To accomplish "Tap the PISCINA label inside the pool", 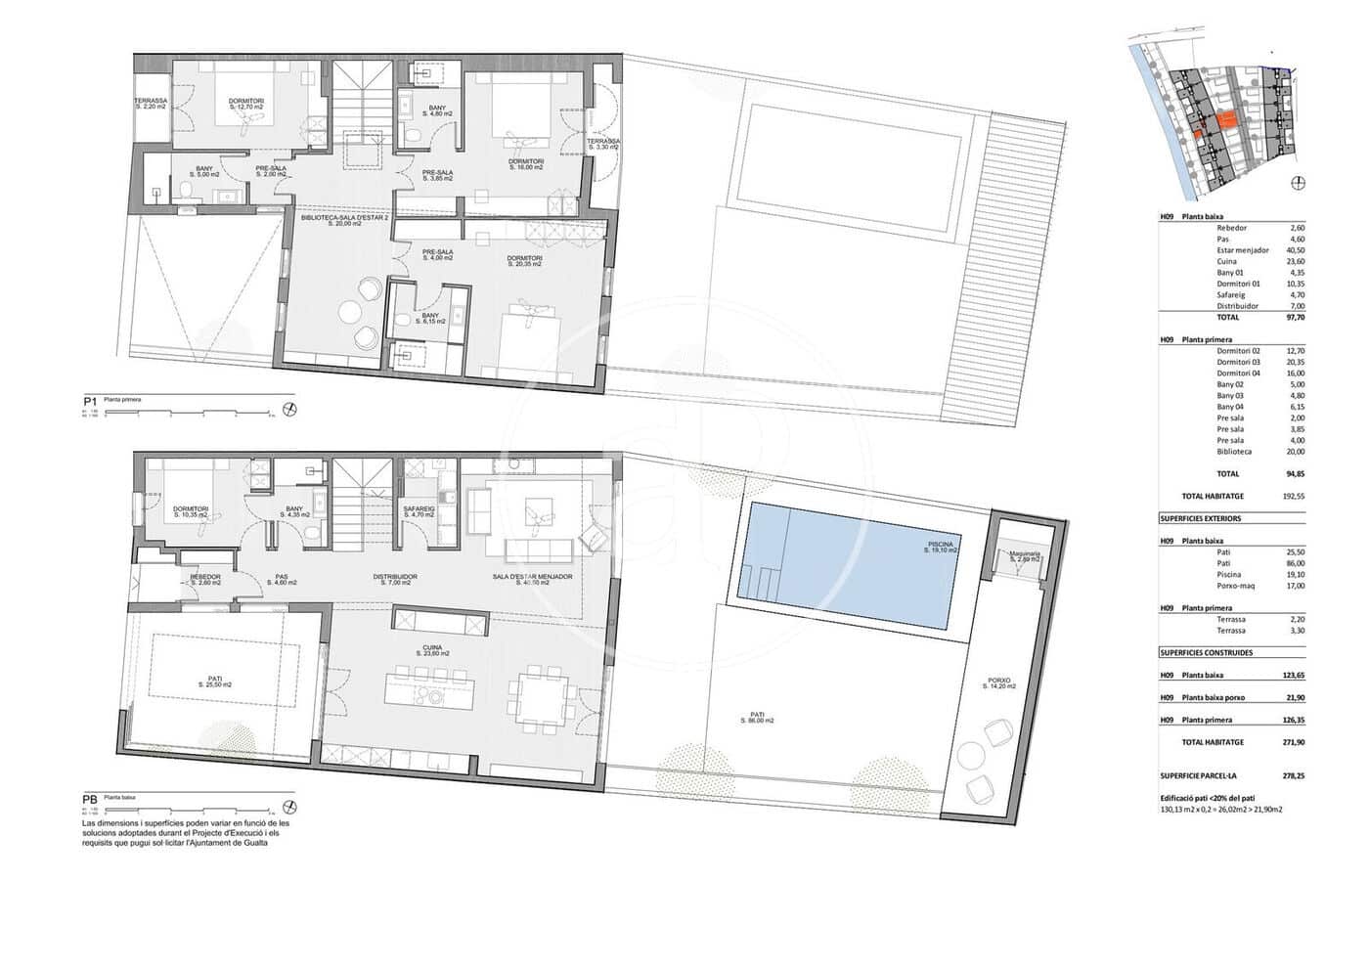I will click(x=941, y=547).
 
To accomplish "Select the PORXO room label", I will click(x=998, y=682).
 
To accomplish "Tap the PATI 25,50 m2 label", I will click(x=214, y=681).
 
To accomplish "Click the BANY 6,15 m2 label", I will click(x=430, y=318).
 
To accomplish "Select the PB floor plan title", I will click(x=90, y=800).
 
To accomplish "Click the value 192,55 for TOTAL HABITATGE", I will click(x=1293, y=497).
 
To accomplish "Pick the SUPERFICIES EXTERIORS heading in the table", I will click(x=1200, y=518).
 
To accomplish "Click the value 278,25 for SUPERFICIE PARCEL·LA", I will click(x=1293, y=775).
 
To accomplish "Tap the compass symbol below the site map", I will click(x=1298, y=183).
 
